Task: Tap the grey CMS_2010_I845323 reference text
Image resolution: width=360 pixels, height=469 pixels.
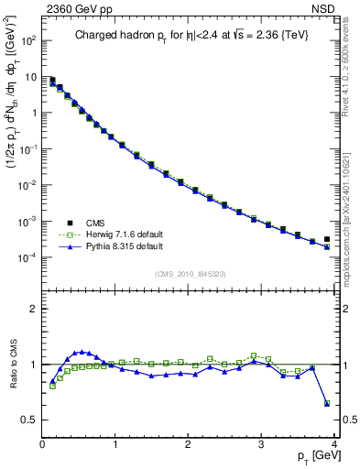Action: (x=190, y=273)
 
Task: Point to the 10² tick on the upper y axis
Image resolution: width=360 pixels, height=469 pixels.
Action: (x=30, y=41)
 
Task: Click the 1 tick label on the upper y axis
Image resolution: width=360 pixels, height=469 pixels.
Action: (x=34, y=114)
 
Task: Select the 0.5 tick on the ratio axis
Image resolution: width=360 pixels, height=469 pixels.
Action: (x=29, y=420)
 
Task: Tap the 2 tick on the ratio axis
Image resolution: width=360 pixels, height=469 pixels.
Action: (x=34, y=309)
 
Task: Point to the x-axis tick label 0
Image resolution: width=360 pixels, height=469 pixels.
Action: (x=42, y=445)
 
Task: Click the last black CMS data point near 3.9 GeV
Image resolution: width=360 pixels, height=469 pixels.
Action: (x=327, y=239)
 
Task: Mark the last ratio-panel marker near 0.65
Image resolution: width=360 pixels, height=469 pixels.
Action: (x=327, y=403)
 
